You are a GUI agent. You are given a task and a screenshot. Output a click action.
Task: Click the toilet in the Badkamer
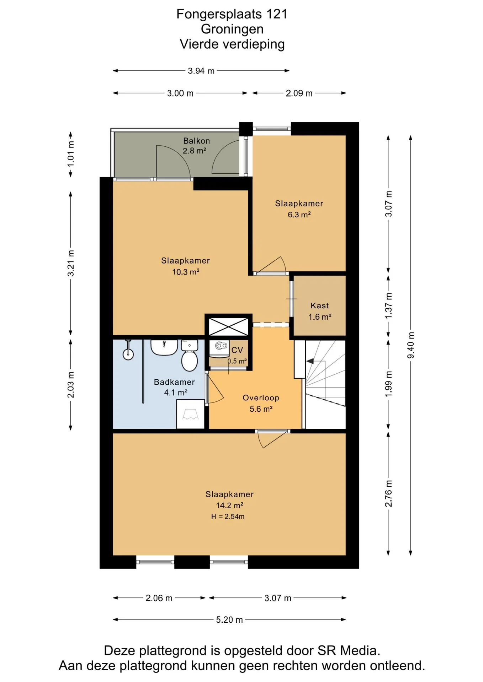tap(190, 356)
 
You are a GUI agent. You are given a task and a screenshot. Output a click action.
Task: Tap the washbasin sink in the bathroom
tap(164, 347)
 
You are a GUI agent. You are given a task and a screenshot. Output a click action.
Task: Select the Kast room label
tap(320, 305)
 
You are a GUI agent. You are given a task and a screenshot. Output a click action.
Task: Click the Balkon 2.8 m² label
tap(196, 146)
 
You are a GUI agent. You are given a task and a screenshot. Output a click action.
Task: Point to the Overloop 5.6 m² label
tap(261, 403)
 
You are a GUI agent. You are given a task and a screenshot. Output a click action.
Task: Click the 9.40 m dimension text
tap(411, 345)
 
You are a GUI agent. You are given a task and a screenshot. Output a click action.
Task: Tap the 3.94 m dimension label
tap(201, 71)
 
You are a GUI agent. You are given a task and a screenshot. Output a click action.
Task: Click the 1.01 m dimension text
tap(71, 154)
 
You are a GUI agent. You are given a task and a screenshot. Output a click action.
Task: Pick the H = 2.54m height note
tap(228, 516)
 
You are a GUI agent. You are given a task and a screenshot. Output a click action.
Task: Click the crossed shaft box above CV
tap(228, 326)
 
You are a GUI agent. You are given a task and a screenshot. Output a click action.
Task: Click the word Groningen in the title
tap(232, 29)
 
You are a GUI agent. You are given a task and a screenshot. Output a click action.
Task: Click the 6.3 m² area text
tap(299, 215)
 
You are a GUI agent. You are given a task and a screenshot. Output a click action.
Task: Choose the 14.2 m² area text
tap(229, 505)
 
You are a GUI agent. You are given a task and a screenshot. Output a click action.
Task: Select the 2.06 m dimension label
tap(159, 598)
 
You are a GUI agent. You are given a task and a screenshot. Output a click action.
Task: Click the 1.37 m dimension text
tap(389, 305)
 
